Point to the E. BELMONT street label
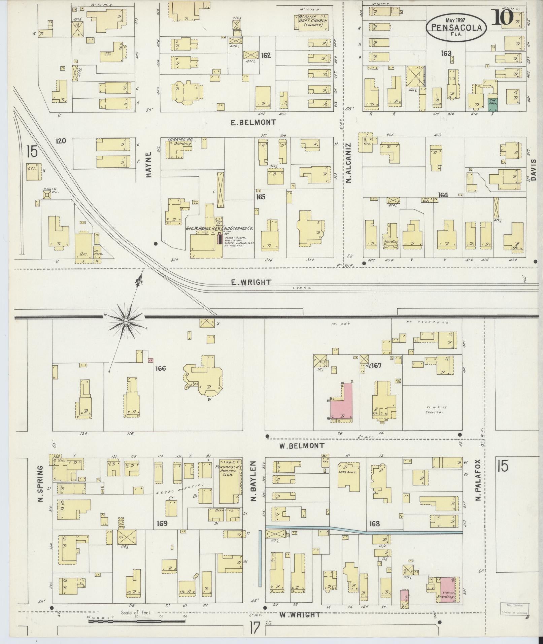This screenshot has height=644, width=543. pyautogui.click(x=253, y=123)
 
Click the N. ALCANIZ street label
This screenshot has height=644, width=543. pyautogui.click(x=348, y=163)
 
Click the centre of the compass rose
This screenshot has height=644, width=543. pyautogui.click(x=126, y=321)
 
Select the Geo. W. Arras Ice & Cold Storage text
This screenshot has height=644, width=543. pyautogui.click(x=219, y=228)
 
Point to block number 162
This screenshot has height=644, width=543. pyautogui.click(x=266, y=55)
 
